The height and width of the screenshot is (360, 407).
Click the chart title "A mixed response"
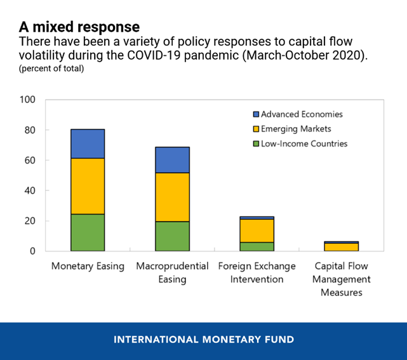point(79,27)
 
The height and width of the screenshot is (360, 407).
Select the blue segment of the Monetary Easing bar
point(88,143)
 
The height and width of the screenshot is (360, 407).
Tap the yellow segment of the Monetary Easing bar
point(88,186)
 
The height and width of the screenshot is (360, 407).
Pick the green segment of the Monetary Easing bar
point(88,232)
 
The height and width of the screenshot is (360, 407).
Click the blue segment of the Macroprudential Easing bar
point(172,160)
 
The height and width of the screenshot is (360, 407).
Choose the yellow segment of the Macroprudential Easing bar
point(172,197)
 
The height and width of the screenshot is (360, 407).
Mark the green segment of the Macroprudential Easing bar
point(172,236)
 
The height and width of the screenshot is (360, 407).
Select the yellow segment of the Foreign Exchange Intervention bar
point(257,230)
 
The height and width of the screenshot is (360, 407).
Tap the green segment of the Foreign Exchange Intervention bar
point(257,246)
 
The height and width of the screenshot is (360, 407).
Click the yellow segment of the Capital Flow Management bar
point(342,247)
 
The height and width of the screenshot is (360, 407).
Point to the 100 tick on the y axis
point(28,100)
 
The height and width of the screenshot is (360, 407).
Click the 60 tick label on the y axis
point(30,160)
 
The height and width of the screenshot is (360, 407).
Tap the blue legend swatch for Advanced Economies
point(257,114)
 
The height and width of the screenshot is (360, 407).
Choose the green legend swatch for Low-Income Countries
point(257,143)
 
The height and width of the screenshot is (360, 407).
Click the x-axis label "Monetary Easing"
point(88,265)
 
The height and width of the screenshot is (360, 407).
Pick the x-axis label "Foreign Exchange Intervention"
point(257,272)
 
